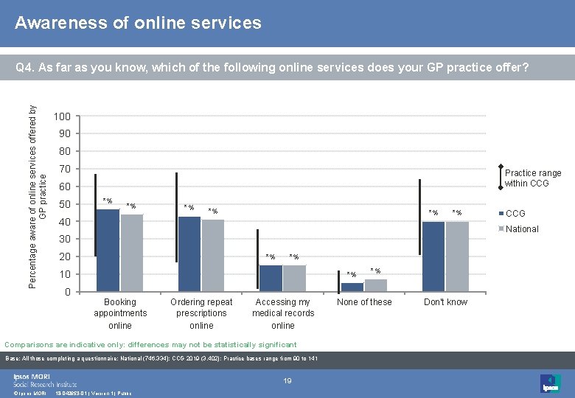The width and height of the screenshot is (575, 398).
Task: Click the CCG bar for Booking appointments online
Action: click(108, 251)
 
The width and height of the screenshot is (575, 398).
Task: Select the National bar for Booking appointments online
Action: click(131, 253)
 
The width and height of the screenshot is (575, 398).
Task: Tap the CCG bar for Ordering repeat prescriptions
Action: click(189, 254)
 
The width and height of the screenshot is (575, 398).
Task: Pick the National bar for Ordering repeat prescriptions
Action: click(213, 255)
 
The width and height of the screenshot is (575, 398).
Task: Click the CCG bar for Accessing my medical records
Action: click(271, 278)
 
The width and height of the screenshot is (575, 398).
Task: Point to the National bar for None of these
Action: click(375, 285)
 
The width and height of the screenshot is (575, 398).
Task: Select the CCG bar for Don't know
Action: click(433, 256)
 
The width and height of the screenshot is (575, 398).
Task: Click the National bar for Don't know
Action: click(457, 256)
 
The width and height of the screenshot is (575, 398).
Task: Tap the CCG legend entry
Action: click(515, 213)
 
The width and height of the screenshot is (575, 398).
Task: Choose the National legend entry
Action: click(521, 229)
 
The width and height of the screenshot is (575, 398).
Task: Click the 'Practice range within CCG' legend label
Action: click(532, 178)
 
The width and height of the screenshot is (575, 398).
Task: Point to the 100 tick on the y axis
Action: click(62, 116)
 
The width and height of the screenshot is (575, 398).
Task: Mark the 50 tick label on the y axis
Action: click(64, 204)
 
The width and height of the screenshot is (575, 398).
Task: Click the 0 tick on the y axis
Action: click(67, 292)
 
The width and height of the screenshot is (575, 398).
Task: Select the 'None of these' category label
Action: click(364, 302)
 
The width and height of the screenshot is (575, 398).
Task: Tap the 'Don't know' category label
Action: click(445, 302)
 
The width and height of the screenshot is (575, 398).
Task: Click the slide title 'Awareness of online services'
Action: click(138, 23)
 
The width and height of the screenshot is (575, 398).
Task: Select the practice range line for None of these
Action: click(338, 272)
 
